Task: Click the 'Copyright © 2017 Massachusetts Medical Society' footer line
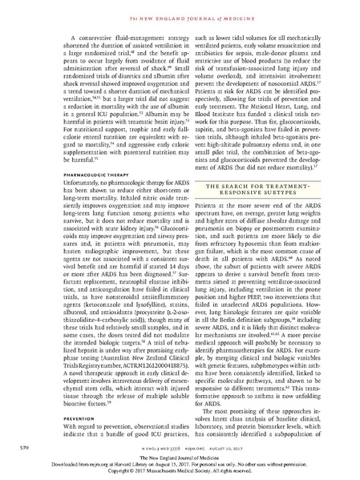tap(180, 473)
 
